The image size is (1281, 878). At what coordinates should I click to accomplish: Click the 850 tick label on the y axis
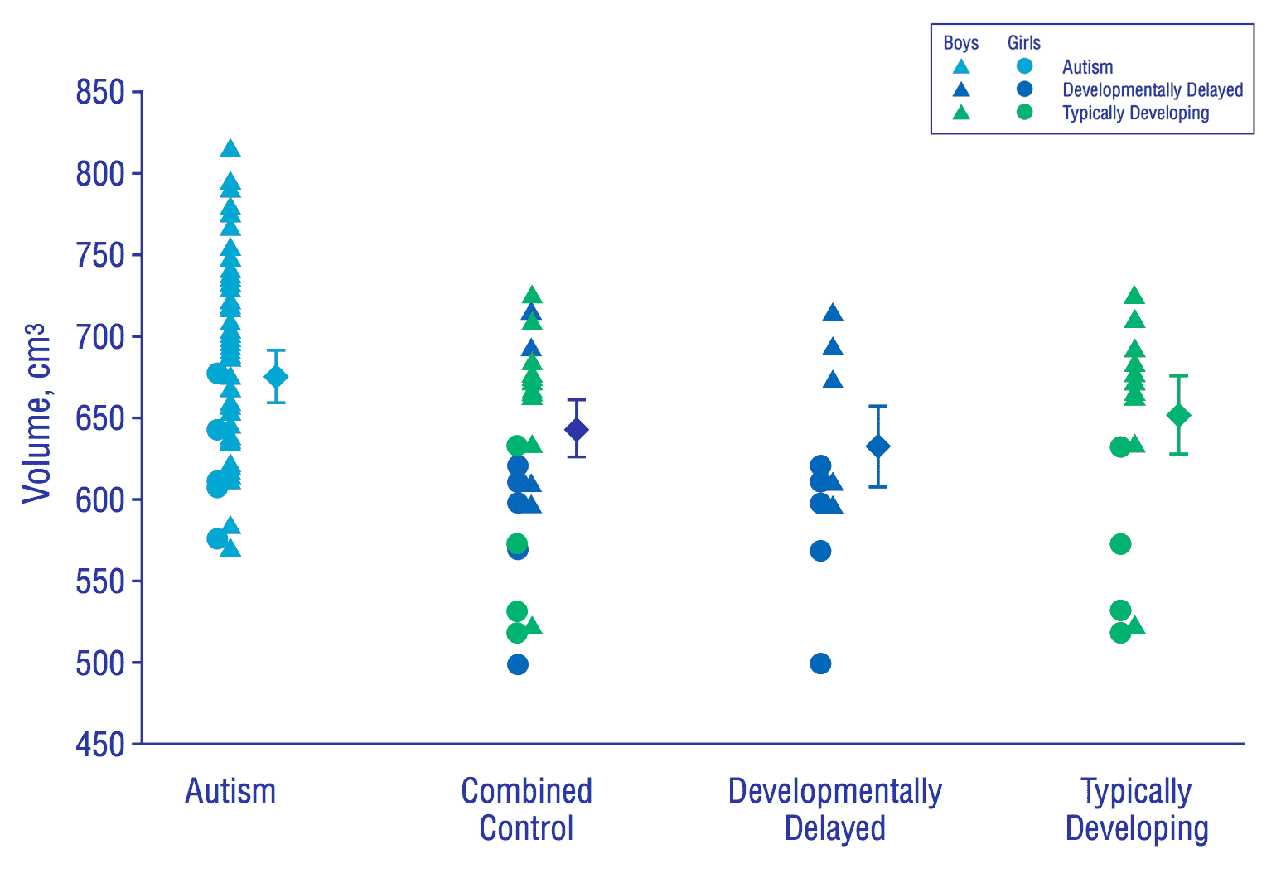[x=99, y=92]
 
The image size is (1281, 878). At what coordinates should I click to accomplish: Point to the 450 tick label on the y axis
[x=99, y=745]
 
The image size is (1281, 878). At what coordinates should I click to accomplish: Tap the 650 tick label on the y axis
[x=99, y=418]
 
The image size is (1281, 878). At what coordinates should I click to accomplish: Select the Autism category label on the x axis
[x=230, y=791]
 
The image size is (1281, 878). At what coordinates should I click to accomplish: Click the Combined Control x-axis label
[x=526, y=809]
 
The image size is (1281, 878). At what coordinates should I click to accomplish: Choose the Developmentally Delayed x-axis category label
[x=834, y=809]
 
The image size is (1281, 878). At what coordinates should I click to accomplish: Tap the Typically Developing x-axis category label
[x=1137, y=809]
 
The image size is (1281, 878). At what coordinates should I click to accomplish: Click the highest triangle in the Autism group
[x=230, y=149]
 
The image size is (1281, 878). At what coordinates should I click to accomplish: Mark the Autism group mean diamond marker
[x=276, y=377]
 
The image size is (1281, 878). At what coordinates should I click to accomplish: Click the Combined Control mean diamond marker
[x=576, y=429]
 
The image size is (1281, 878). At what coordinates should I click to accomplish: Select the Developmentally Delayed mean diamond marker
[x=877, y=446]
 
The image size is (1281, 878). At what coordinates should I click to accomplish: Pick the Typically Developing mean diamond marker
[x=1178, y=416]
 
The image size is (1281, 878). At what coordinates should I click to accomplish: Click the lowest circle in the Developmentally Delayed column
[x=820, y=663]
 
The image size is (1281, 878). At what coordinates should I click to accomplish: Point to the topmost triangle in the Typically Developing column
[x=1134, y=296]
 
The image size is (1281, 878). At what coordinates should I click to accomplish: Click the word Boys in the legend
[x=961, y=43]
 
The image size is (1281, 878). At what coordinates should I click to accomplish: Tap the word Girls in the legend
[x=1024, y=43]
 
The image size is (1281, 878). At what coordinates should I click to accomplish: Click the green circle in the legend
[x=1025, y=112]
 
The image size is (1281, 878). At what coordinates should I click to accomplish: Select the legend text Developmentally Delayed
[x=1153, y=89]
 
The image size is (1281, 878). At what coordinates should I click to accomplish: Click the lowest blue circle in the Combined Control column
[x=518, y=664]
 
